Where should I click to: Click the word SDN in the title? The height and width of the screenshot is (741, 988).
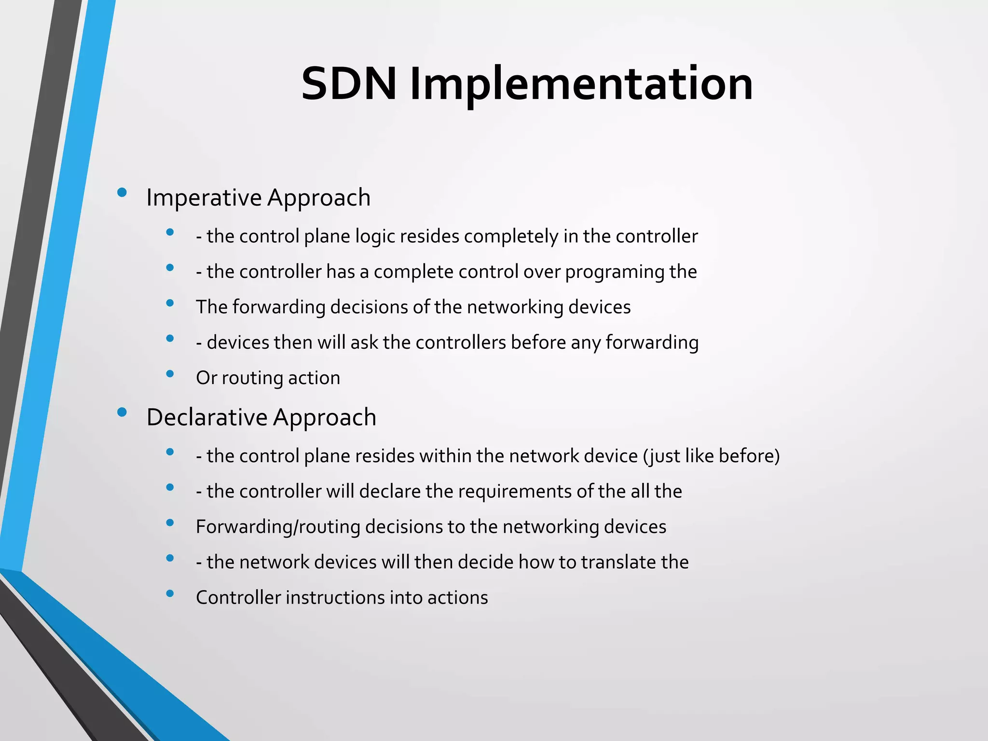(348, 84)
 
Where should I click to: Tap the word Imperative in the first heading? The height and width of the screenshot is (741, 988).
(204, 198)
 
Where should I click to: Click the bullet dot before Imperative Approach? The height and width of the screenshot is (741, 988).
(122, 193)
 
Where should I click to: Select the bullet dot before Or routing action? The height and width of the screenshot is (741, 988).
(170, 373)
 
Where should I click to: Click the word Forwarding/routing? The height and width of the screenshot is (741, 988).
(278, 527)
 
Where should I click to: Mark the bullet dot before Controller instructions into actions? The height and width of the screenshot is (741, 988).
(170, 593)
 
